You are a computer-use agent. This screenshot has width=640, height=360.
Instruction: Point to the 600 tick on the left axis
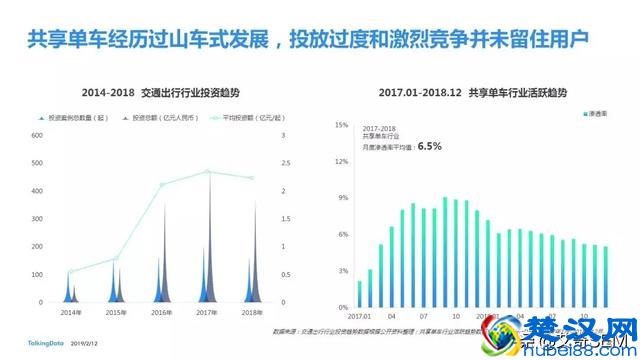pos(38,135)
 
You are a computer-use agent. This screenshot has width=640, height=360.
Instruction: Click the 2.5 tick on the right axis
pos(286,163)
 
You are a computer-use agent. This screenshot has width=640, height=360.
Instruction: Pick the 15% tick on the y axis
pos(341,125)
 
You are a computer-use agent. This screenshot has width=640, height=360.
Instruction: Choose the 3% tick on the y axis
pos(343,271)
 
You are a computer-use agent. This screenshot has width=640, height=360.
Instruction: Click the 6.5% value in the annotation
pos(430,146)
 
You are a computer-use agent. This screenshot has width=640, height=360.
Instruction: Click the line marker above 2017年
pos(208,172)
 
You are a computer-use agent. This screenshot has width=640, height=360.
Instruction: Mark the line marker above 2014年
pos(70,271)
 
